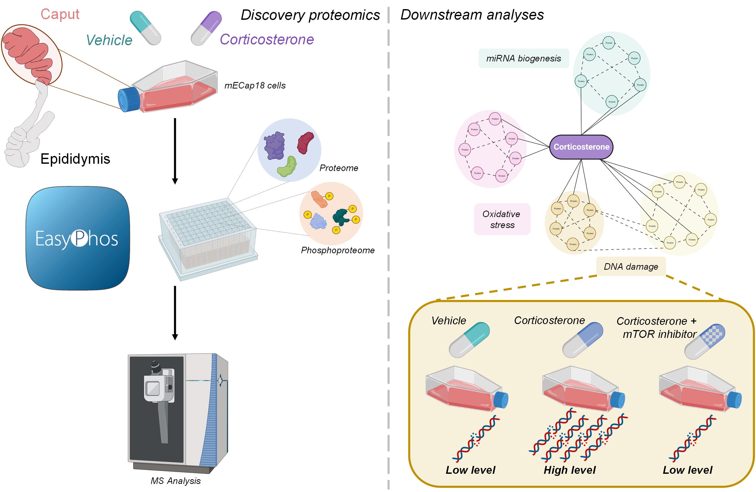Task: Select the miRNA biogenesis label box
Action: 524,58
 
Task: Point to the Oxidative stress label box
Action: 502,219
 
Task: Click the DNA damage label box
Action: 631,267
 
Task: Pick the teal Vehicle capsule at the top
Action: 145,28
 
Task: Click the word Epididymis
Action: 75,159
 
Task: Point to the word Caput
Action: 60,14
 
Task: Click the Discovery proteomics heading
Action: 310,15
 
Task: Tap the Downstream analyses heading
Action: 472,15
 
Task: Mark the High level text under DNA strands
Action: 570,470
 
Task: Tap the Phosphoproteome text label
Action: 338,250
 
